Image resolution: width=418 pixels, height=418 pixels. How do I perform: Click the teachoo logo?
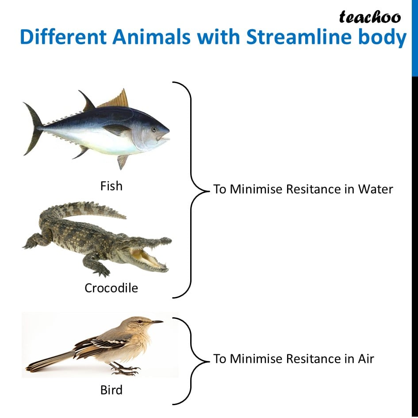click(370, 17)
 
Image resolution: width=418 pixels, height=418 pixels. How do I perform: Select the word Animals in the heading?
click(151, 37)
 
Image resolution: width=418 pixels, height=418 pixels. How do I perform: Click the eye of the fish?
click(154, 129)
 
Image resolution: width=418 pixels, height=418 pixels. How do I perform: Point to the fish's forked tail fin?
click(33, 128)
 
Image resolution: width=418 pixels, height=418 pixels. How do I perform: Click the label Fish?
click(111, 186)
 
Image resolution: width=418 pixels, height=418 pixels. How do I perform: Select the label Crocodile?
click(111, 288)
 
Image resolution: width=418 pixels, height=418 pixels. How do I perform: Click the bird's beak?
click(157, 322)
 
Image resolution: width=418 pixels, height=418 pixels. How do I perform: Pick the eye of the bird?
click(138, 322)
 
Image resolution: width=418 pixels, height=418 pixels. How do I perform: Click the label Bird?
click(111, 390)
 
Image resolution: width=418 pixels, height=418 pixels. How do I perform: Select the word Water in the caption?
click(376, 189)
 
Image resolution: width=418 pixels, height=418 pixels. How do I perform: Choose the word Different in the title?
click(63, 37)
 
